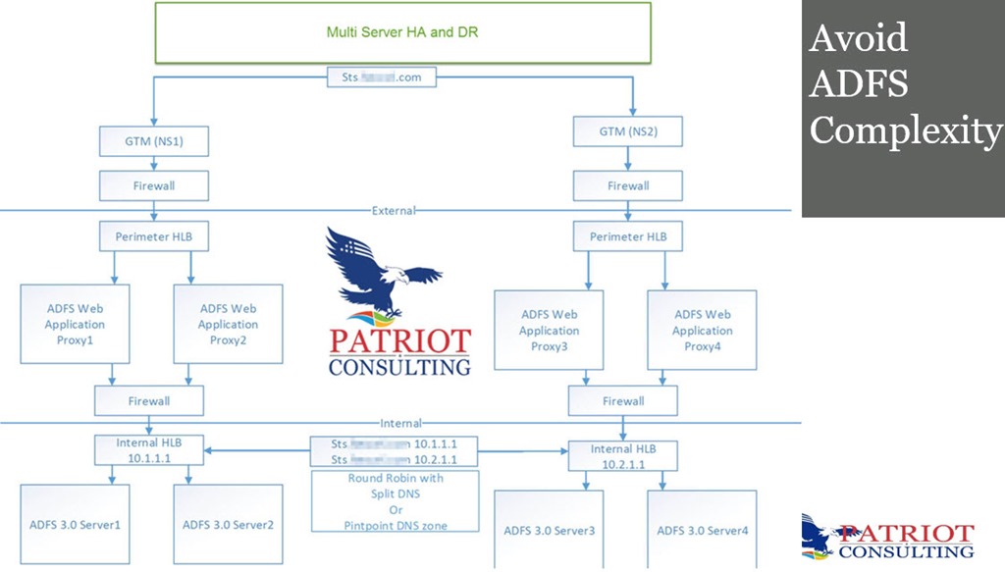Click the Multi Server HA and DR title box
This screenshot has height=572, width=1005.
click(402, 32)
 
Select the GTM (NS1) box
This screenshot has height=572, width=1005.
click(149, 140)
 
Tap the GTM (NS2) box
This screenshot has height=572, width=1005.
click(627, 130)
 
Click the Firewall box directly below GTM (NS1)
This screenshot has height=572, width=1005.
click(149, 184)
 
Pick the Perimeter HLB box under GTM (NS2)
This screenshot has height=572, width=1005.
click(627, 236)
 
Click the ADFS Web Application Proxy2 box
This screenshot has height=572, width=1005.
click(228, 323)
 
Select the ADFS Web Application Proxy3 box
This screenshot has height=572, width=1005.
click(549, 330)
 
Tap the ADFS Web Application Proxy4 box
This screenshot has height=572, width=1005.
click(703, 330)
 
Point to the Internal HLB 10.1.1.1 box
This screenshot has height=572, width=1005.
click(149, 449)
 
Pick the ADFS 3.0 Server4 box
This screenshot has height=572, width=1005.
click(703, 530)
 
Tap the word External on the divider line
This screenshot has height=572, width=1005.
click(395, 210)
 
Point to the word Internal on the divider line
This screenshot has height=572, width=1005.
click(401, 424)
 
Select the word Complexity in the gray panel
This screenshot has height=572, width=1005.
click(905, 130)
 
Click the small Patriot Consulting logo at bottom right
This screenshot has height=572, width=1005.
click(887, 538)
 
